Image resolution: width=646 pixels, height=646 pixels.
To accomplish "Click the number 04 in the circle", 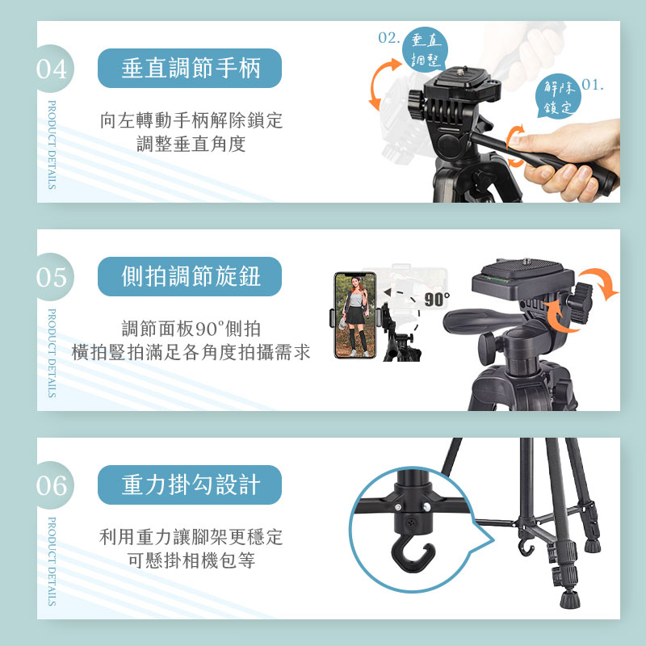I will [x=51, y=69].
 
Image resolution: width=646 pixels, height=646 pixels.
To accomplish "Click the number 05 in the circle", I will [x=51, y=278].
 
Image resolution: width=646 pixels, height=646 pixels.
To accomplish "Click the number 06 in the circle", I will [x=51, y=485].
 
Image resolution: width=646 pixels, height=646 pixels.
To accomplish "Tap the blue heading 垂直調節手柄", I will [x=191, y=69].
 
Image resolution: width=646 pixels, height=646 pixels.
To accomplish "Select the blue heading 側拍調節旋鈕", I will [x=191, y=277].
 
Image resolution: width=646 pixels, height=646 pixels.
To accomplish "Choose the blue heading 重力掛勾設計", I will [x=191, y=484].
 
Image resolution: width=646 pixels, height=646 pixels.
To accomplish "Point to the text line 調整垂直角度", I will [x=191, y=145].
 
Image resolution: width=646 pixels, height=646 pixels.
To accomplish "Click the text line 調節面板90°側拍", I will [x=191, y=329].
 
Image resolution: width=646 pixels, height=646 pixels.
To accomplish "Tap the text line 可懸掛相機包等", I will [x=191, y=561].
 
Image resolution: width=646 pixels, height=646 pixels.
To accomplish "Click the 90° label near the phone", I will [x=436, y=299].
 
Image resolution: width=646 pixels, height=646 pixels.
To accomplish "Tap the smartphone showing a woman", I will [x=356, y=314].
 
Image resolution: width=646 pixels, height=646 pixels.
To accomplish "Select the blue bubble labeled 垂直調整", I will [x=424, y=49].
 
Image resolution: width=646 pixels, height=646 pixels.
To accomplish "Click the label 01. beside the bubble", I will [x=594, y=85].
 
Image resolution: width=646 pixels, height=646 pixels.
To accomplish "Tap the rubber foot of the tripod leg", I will [x=568, y=599].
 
